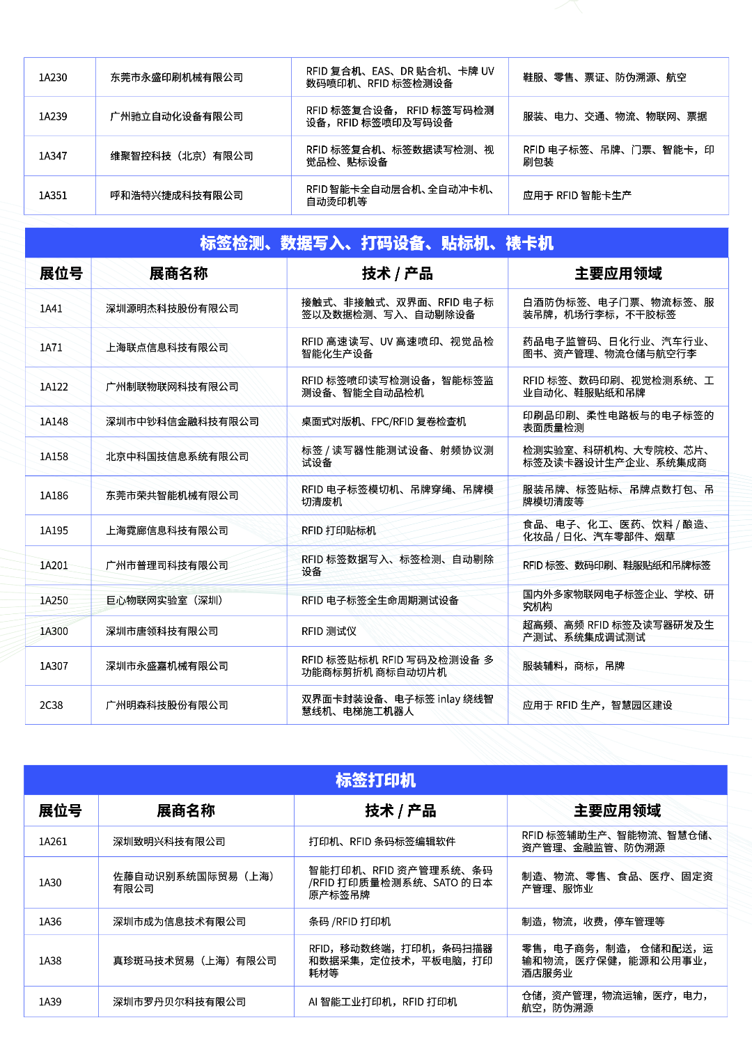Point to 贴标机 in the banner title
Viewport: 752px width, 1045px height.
(465, 243)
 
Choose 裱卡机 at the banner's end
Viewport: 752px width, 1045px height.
(530, 243)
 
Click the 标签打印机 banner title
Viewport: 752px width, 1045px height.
(376, 780)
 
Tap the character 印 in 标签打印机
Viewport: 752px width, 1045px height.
(392, 780)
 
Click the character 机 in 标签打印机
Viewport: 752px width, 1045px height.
(408, 780)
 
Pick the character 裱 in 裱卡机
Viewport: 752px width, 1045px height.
(514, 243)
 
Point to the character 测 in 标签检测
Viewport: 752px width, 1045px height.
(256, 243)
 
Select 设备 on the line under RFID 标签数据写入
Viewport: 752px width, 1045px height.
(312, 572)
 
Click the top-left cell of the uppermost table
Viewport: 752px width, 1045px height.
(60, 77)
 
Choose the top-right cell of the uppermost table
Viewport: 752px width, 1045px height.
(618, 77)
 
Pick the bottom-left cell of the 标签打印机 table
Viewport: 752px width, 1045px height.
(61, 1001)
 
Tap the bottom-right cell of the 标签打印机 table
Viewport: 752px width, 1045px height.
(617, 1001)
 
